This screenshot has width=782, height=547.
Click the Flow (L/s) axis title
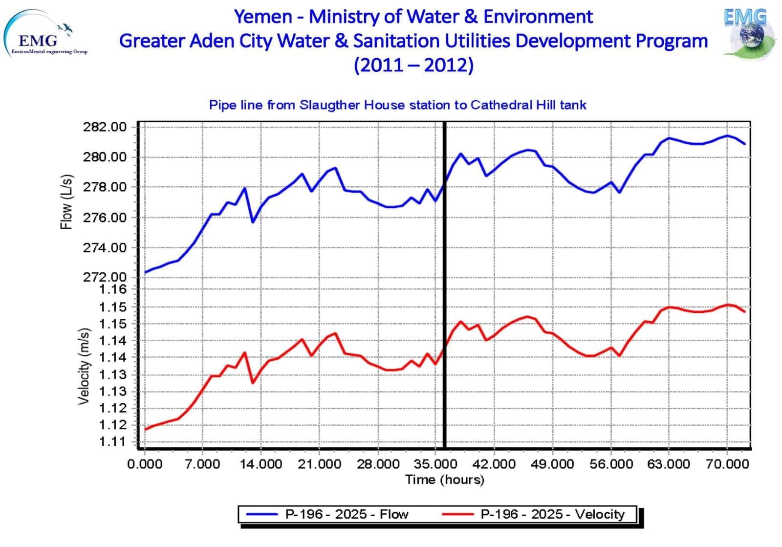66,201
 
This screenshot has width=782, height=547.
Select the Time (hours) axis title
444,480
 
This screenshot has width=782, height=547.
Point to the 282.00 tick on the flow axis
105,127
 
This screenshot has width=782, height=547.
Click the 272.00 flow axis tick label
105,277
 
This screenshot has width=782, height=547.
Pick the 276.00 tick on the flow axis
105,218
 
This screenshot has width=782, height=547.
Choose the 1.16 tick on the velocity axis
112,289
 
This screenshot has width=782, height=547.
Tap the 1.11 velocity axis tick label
112,441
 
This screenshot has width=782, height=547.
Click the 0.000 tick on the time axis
145,463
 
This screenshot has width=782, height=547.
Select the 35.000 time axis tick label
435,463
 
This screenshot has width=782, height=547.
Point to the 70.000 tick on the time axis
727,463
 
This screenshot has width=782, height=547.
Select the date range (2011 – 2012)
413,65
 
